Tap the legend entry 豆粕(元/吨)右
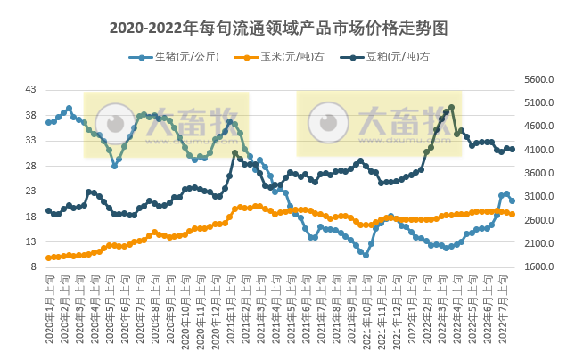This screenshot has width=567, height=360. coord(390,57)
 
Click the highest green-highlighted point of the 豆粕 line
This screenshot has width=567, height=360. coord(452,108)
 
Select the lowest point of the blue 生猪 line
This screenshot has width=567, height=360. coord(366,255)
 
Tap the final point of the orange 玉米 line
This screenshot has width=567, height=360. coord(512,215)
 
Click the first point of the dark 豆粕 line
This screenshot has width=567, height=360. coord(48,211)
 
